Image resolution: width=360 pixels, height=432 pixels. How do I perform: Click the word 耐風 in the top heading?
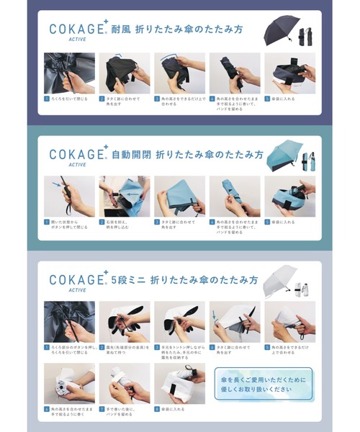point(121,30)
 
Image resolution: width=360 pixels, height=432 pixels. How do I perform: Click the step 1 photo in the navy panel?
point(69,73)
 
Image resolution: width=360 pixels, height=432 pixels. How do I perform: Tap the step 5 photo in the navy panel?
point(289,73)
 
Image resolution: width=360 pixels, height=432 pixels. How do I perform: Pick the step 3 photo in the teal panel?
point(179,197)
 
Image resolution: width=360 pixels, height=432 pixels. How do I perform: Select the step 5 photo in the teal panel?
point(289,197)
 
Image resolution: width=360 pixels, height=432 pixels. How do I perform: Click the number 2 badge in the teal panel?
point(102,222)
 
